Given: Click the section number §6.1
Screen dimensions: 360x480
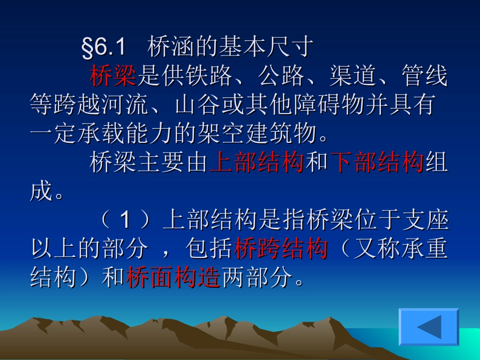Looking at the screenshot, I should pyautogui.click(x=103, y=48).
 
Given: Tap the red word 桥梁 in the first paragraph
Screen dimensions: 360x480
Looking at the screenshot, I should pyautogui.click(x=113, y=77).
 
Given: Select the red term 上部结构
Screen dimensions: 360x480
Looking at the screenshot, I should pyautogui.click(x=257, y=163).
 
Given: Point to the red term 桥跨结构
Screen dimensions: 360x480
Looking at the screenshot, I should pyautogui.click(x=281, y=249).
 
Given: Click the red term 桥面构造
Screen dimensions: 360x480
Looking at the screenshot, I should pyautogui.click(x=173, y=278).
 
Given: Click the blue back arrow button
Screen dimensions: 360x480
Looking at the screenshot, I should pyautogui.click(x=429, y=327).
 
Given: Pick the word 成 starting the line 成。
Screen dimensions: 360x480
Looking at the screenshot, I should pyautogui.click(x=41, y=192).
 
